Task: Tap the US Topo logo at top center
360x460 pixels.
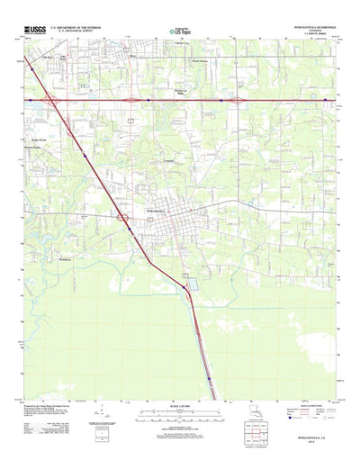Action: [x=179, y=32]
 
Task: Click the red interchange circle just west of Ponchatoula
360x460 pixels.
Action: [x=120, y=216]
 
